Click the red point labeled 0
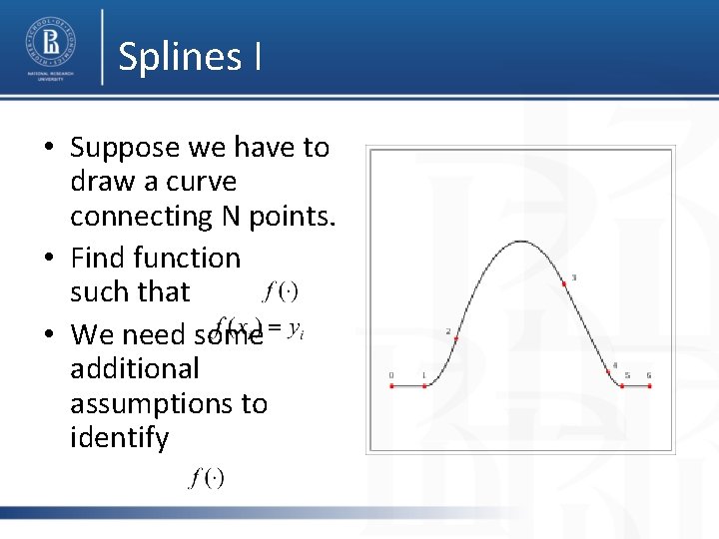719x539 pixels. pos(391,385)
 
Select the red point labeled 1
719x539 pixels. pos(424,385)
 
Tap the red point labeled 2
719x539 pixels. pos(455,339)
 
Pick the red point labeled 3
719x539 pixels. pos(565,284)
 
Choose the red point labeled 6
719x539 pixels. pos(649,385)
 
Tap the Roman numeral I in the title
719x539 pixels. pos(258,57)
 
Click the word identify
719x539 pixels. pos(119,438)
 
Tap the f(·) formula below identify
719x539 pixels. pos(207,478)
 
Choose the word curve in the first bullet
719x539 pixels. pos(203,182)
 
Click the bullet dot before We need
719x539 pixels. pos(49,334)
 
